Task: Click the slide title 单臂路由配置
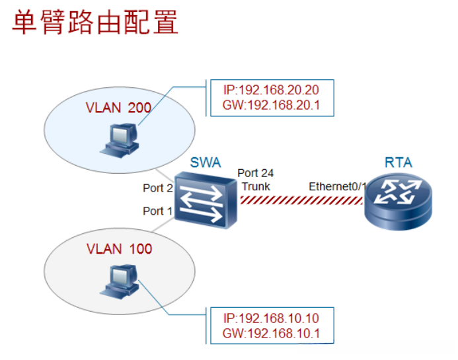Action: point(95,22)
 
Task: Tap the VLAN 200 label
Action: point(118,108)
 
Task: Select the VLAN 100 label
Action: point(119,249)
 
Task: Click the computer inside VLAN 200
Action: point(119,140)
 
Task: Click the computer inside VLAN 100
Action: point(119,281)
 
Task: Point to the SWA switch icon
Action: point(206,200)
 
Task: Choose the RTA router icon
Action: point(399,202)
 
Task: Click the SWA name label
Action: point(206,162)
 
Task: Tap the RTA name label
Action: point(399,162)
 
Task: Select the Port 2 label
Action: point(158,188)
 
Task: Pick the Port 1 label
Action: point(157,211)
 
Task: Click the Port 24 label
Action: point(256,173)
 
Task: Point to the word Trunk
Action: point(256,186)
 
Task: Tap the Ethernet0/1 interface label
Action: point(338,186)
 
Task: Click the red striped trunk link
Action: point(302,200)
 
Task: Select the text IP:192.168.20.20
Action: point(271,90)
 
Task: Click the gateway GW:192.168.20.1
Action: point(271,105)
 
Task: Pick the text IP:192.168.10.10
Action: point(271,318)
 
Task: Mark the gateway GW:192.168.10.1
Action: point(271,334)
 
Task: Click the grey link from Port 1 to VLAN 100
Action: point(163,225)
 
